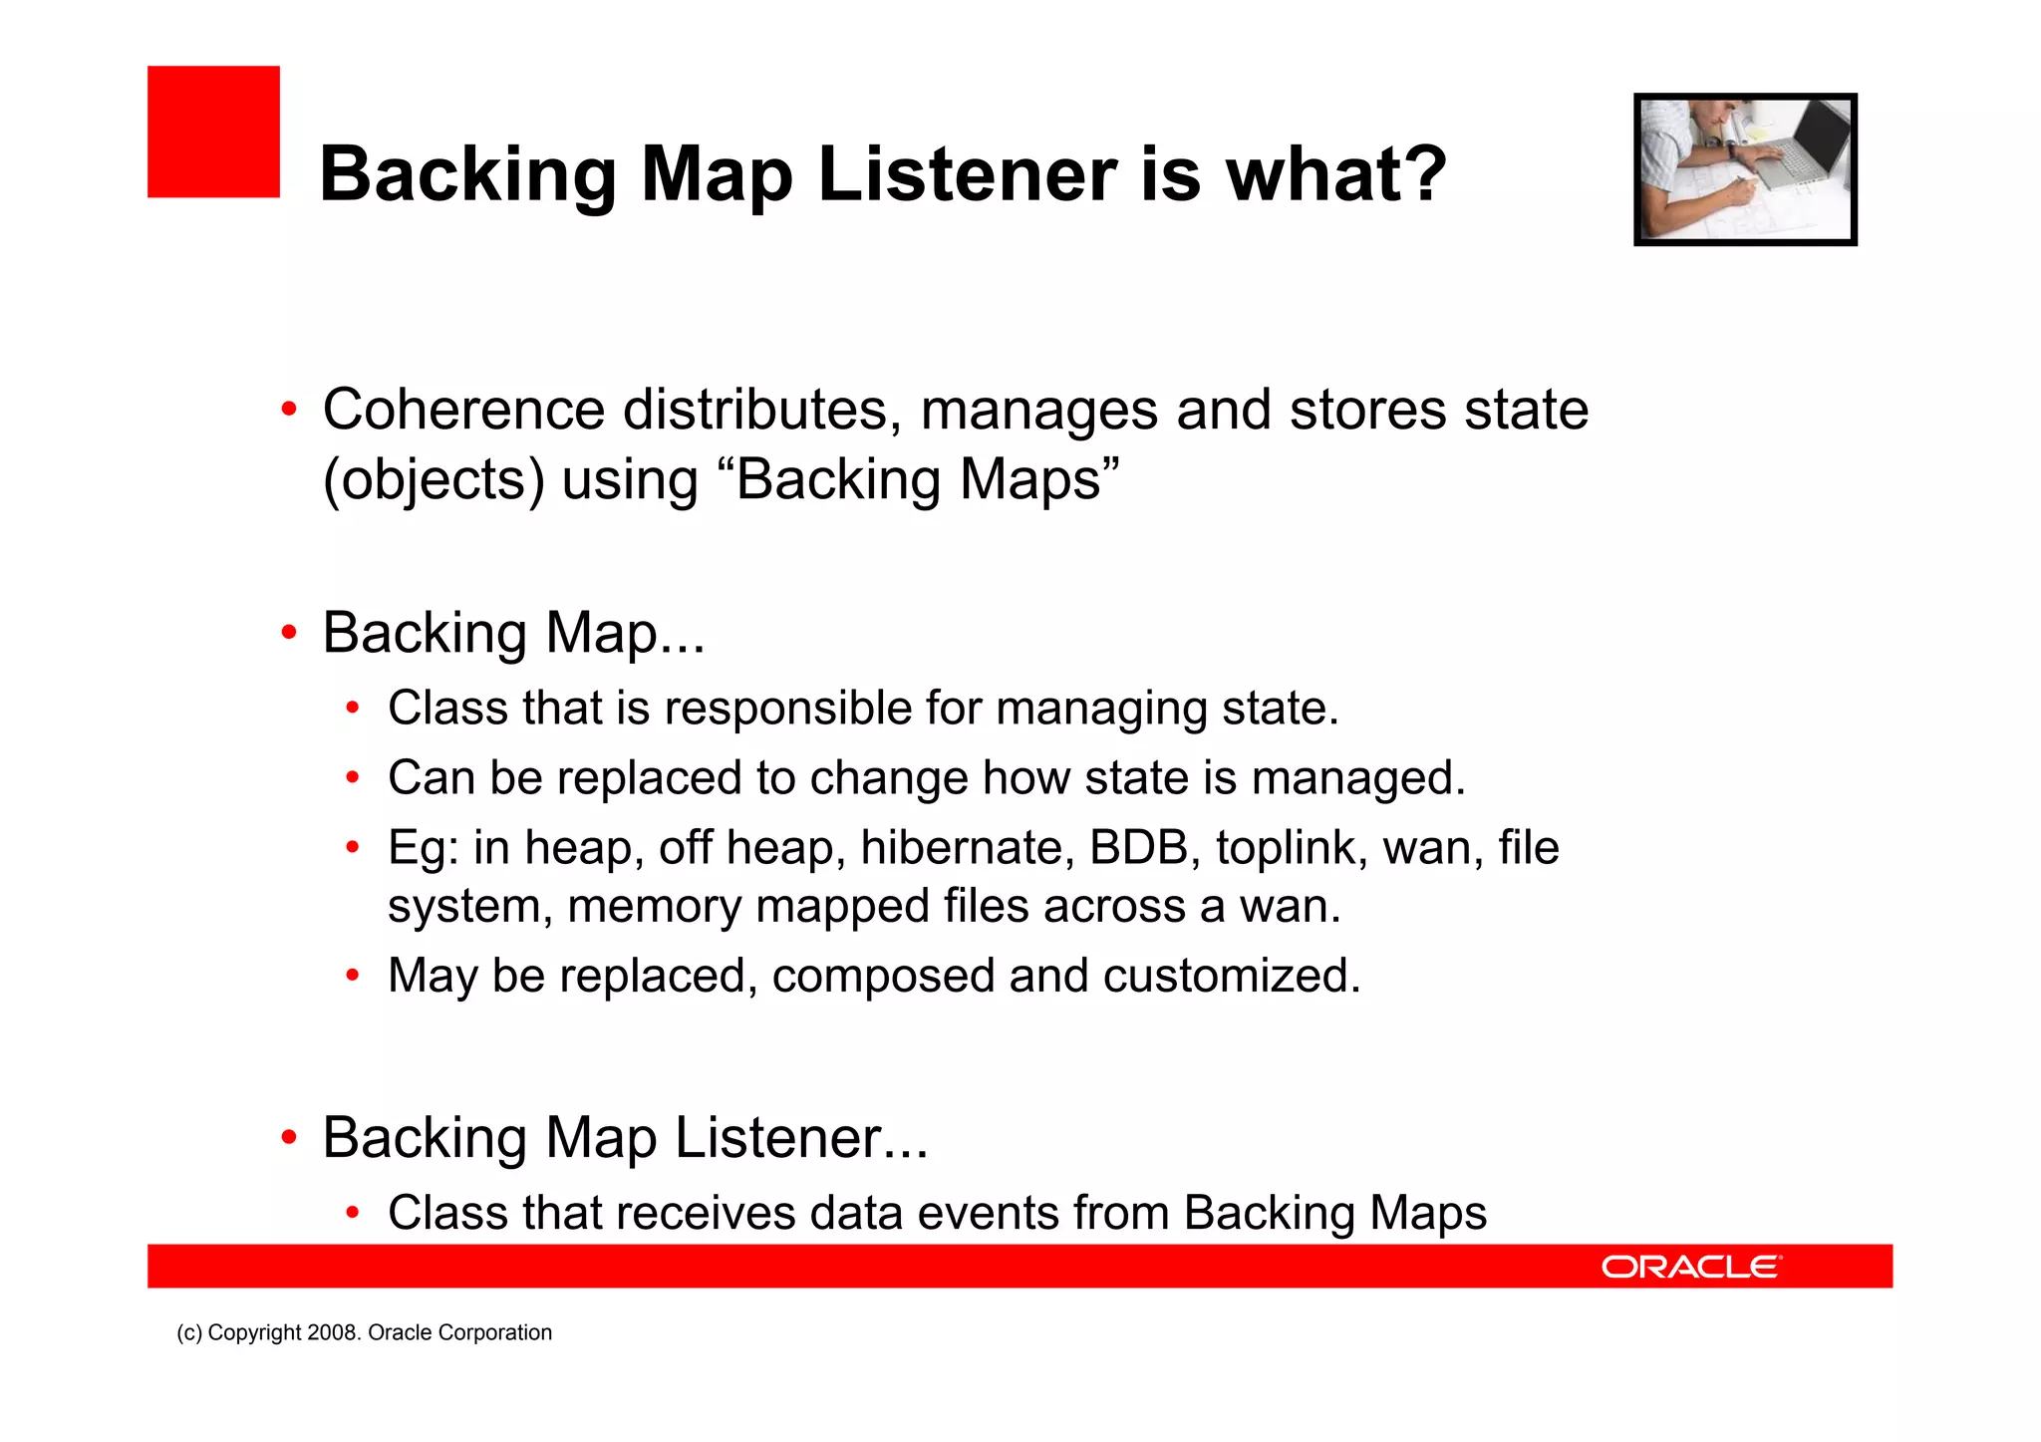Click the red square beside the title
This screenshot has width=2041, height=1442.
pos(213,132)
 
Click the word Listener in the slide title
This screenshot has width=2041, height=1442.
pos(967,174)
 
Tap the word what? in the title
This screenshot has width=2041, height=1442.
pos(1335,174)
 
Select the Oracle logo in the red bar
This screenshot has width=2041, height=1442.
pos(1690,1267)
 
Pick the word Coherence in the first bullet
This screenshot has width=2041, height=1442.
pos(463,410)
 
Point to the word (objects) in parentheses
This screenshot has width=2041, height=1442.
pos(434,480)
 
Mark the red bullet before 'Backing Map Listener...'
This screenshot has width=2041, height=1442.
pos(289,1137)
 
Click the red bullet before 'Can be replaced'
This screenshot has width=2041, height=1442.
pos(352,778)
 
